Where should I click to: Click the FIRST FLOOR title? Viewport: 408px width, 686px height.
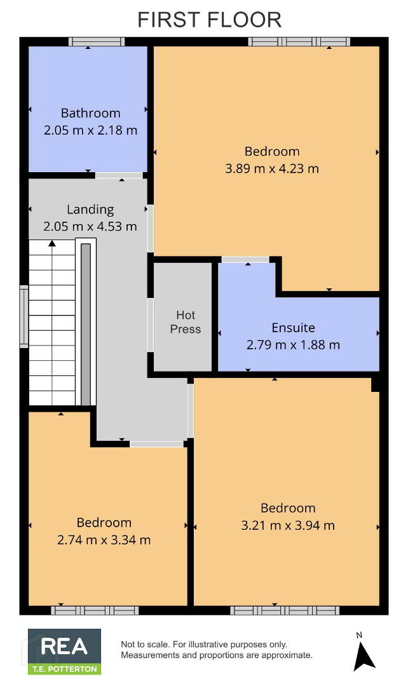pyautogui.click(x=209, y=20)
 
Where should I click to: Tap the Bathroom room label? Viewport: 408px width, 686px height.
pyautogui.click(x=91, y=113)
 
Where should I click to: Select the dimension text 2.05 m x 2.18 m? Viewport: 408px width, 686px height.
pyautogui.click(x=91, y=130)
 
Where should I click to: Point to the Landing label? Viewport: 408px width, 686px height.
pyautogui.click(x=90, y=210)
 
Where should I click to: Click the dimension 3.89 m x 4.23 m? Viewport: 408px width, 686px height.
pyautogui.click(x=272, y=168)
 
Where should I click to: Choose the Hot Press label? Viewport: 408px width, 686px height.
pyautogui.click(x=186, y=322)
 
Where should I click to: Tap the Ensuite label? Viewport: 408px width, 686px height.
pyautogui.click(x=294, y=328)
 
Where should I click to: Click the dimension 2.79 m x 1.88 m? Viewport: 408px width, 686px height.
pyautogui.click(x=294, y=345)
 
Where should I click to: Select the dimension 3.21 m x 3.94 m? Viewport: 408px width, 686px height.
pyautogui.click(x=288, y=525)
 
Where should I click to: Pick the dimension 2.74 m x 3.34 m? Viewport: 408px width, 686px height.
pyautogui.click(x=104, y=540)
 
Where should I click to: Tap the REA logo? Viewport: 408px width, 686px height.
pyautogui.click(x=65, y=652)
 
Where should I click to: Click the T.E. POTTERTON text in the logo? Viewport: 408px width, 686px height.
pyautogui.click(x=65, y=669)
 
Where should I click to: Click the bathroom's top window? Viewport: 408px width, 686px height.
pyautogui.click(x=97, y=42)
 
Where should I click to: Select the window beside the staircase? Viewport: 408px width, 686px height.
pyautogui.click(x=24, y=317)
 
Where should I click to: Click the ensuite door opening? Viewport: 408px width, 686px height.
pyautogui.click(x=245, y=260)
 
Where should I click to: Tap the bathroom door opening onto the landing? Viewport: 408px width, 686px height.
pyautogui.click(x=119, y=175)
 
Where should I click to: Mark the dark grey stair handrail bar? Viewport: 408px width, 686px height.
pyautogui.click(x=86, y=324)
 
